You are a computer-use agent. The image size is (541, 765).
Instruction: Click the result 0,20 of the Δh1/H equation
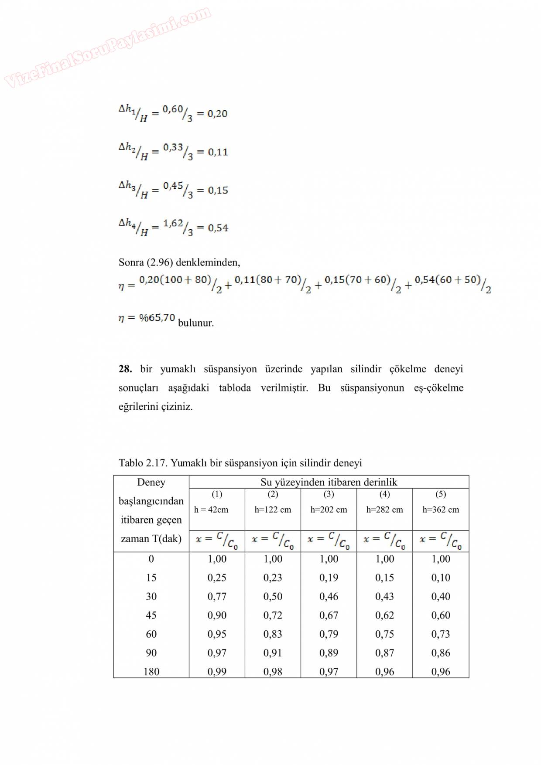217,114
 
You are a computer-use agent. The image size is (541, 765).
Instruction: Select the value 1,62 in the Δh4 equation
173,224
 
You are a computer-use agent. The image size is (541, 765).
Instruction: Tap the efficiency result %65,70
157,317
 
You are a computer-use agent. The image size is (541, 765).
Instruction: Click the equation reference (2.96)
160,262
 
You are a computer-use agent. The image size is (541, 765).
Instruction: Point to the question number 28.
125,369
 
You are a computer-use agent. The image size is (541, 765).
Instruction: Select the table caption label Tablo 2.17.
143,463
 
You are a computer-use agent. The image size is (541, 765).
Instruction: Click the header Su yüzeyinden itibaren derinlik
329,482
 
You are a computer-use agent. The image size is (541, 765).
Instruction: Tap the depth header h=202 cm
329,510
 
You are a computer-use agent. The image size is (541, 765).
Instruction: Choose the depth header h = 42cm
211,510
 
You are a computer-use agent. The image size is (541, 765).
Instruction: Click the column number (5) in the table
441,494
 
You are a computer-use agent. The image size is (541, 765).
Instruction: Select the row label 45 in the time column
151,615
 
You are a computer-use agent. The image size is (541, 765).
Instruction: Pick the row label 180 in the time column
151,672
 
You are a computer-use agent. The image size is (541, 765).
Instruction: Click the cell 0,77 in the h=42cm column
217,596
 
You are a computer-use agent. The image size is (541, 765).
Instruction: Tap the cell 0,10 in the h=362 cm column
441,578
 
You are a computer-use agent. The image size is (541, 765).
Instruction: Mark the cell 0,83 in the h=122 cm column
273,634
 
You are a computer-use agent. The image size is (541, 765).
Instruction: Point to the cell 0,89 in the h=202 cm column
329,653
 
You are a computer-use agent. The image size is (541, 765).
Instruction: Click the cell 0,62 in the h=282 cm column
384,615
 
